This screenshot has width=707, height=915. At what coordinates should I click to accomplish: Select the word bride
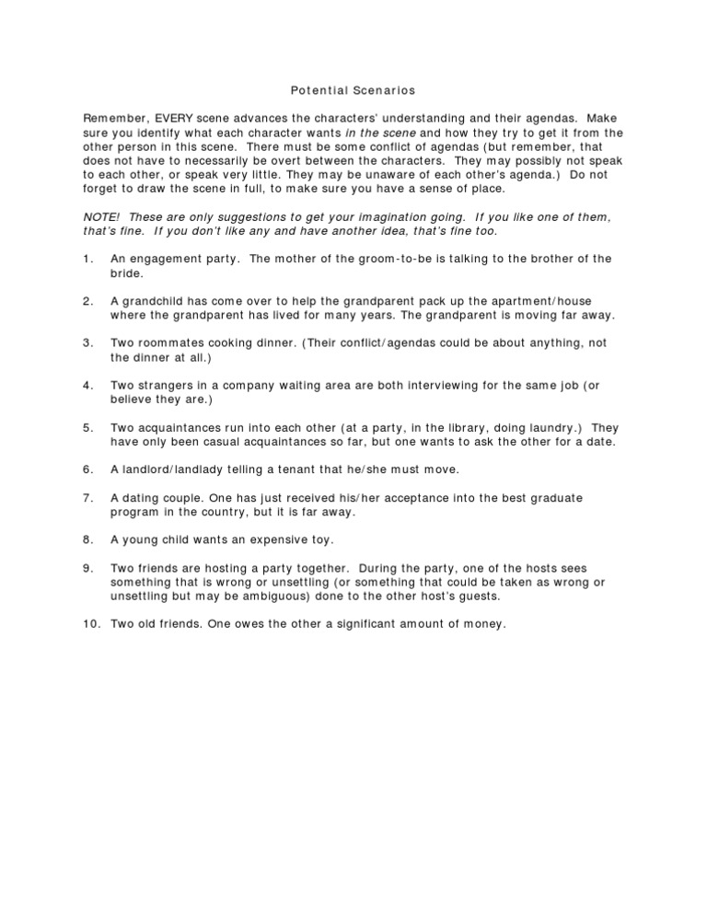[126, 273]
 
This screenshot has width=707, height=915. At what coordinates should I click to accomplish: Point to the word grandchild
[155, 301]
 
